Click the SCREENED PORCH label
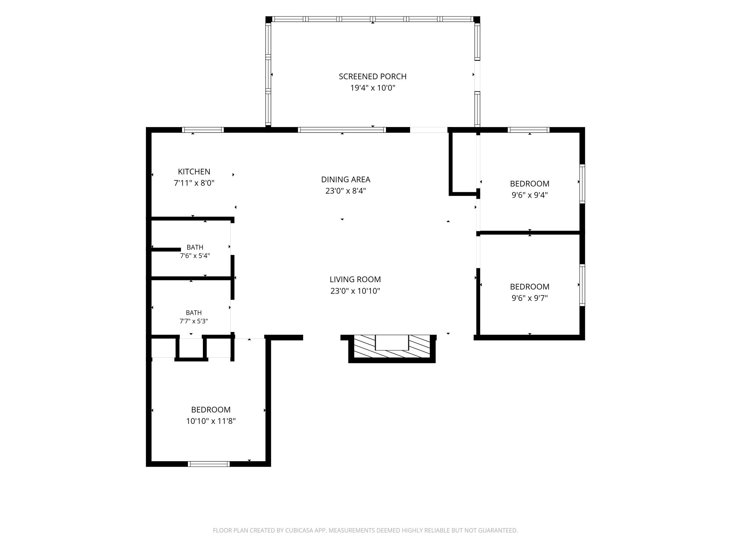tap(372, 76)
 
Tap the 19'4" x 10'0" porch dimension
tap(373, 88)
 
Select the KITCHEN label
tap(194, 172)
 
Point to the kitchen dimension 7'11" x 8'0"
tap(194, 183)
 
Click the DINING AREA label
tap(346, 179)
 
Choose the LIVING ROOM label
tap(355, 279)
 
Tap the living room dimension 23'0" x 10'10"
tap(355, 291)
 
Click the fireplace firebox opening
tap(392, 343)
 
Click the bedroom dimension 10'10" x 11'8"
tap(211, 421)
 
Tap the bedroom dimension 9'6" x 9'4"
tap(530, 195)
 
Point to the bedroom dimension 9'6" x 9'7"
tap(530, 298)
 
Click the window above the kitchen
tap(203, 130)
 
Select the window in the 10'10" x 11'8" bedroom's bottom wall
tap(209, 464)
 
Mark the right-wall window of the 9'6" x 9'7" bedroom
tap(582, 285)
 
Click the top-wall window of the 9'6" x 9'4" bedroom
tap(529, 130)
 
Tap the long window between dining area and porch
tap(342, 130)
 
